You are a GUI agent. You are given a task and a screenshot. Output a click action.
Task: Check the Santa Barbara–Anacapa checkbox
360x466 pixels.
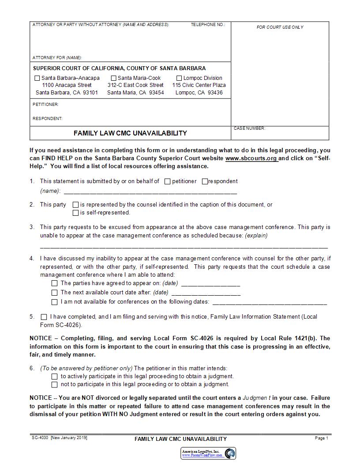(37, 78)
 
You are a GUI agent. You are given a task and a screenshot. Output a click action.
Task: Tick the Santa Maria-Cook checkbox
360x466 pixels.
(114, 78)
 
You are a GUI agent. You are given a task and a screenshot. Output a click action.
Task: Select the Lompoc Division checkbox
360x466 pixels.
(179, 78)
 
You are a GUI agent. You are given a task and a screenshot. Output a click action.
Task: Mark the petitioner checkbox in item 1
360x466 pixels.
(167, 181)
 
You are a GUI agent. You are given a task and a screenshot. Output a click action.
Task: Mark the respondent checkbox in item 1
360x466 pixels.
(205, 181)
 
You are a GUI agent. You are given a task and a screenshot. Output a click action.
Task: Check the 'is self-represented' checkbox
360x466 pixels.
(75, 213)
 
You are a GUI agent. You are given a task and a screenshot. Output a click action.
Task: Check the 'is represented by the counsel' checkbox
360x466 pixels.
(75, 205)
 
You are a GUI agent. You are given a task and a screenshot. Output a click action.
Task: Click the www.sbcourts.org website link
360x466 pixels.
(251, 158)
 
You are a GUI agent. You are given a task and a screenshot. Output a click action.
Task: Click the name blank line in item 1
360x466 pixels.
(150, 191)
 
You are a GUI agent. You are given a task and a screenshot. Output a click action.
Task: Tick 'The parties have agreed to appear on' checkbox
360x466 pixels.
(55, 283)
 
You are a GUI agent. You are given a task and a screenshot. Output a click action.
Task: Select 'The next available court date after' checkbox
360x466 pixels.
(55, 293)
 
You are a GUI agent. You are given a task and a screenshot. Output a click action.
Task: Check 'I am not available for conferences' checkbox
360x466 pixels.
(55, 302)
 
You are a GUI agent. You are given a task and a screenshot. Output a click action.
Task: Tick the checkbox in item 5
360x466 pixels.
(44, 317)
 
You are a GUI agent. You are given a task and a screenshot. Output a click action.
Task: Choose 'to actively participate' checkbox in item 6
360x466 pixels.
(55, 376)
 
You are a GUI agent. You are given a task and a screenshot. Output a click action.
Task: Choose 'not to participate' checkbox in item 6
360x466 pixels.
(55, 385)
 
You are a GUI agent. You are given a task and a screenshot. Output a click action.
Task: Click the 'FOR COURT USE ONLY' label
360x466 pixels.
(280, 27)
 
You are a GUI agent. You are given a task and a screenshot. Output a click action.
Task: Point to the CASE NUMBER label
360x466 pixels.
(249, 128)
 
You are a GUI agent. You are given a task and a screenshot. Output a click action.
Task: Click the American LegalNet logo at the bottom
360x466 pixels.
(208, 453)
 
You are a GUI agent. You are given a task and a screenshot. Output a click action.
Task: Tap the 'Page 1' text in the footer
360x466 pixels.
(321, 438)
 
